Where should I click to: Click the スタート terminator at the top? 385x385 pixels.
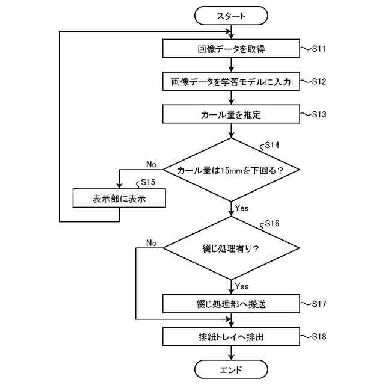(231, 16)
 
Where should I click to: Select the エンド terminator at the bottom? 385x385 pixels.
(231, 369)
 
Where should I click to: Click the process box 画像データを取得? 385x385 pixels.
(231, 49)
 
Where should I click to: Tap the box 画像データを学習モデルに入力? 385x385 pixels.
(231, 81)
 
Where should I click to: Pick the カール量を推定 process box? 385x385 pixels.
(231, 114)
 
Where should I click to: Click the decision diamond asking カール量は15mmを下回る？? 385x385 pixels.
(231, 170)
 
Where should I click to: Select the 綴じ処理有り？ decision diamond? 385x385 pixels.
(231, 248)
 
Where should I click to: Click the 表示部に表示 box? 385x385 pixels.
(119, 198)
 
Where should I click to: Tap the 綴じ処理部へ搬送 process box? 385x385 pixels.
(231, 304)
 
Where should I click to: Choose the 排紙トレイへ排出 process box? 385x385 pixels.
(231, 337)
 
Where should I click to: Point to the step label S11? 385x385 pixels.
(319, 49)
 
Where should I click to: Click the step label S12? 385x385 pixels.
(319, 81)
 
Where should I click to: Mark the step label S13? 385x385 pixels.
(319, 114)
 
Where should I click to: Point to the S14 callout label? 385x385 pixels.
(272, 145)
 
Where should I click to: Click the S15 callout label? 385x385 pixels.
(148, 182)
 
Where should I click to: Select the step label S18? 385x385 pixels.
(319, 336)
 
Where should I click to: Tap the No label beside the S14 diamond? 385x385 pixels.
(151, 164)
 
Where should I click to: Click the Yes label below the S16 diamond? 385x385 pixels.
(242, 286)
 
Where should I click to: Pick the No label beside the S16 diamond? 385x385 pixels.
(151, 243)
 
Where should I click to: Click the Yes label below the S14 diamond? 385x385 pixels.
(242, 208)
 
